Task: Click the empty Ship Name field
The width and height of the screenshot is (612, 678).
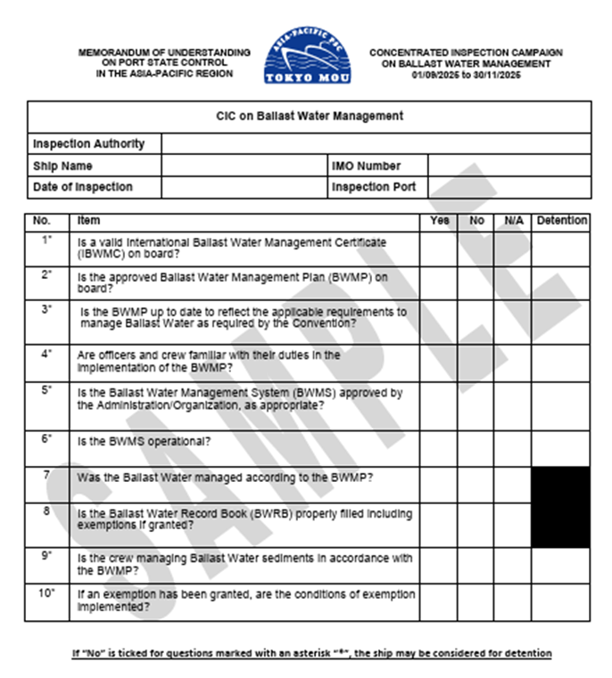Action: tap(244, 166)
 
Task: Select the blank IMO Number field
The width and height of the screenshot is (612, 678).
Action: tap(509, 166)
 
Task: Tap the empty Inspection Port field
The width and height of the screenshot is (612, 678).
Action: tap(509, 187)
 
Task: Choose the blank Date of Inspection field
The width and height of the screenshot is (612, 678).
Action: tap(244, 187)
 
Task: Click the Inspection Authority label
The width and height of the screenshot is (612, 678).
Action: tap(88, 143)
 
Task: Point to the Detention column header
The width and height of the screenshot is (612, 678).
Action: tap(562, 220)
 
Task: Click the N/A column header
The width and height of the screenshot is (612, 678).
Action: tap(513, 220)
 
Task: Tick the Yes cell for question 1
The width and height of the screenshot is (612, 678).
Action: tap(439, 248)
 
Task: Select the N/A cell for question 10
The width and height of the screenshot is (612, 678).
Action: tap(513, 602)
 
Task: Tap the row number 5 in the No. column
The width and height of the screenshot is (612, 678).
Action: tap(46, 390)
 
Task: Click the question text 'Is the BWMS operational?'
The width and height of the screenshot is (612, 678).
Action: tap(145, 440)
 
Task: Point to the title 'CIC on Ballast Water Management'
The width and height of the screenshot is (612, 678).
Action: tap(310, 116)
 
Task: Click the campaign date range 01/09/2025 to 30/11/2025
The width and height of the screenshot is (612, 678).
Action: tap(466, 75)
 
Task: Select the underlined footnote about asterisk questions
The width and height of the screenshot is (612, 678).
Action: tap(311, 653)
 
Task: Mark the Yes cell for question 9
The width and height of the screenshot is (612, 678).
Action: tap(439, 564)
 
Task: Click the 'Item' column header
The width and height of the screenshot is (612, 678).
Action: tap(89, 220)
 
